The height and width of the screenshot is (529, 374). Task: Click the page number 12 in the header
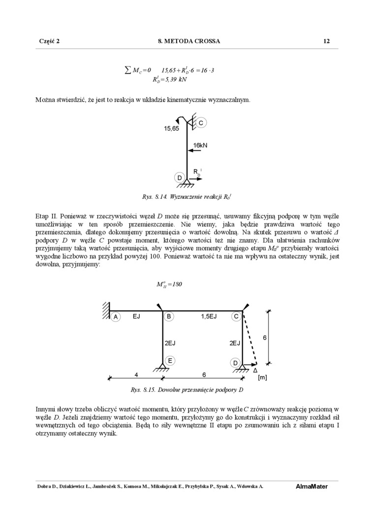326,41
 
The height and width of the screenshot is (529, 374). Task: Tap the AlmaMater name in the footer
312,487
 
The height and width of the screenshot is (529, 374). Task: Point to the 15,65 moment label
172,128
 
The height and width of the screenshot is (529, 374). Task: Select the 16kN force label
200,145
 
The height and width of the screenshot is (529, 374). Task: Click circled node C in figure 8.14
201,122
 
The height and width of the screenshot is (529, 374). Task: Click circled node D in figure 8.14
180,177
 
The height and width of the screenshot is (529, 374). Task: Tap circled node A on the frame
116,317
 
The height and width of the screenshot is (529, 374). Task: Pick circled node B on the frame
169,316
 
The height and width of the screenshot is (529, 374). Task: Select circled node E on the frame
169,360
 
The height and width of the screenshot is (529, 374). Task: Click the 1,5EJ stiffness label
209,316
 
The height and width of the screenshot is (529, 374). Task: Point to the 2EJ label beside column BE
170,343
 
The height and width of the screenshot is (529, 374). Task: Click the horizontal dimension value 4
136,374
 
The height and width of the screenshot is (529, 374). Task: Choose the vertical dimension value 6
264,338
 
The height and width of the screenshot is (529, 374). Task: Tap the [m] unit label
262,378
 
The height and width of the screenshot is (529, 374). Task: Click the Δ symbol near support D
255,370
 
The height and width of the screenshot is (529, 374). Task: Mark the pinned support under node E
162,368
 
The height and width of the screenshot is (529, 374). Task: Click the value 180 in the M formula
176,284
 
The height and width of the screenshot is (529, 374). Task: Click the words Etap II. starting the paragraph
47,216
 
